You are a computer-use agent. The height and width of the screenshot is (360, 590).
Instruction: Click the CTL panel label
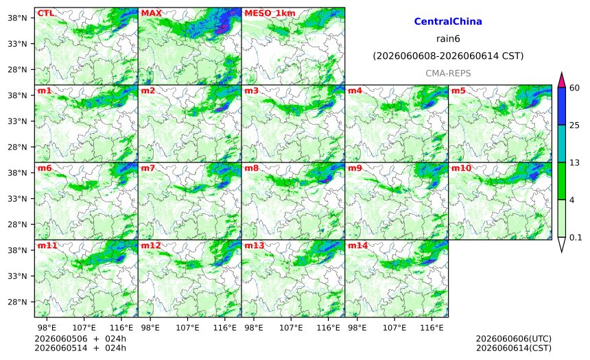pyautogui.click(x=45, y=13)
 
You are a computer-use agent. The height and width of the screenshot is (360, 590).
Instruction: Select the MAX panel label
pyautogui.click(x=151, y=13)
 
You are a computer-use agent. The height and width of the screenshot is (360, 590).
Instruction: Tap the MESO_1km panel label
pyautogui.click(x=270, y=13)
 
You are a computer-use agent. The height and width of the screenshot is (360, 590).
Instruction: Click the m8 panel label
pyautogui.click(x=252, y=168)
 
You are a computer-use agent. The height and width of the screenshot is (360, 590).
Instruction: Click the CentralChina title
pyautogui.click(x=448, y=21)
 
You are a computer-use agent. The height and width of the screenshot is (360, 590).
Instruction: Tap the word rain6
pyautogui.click(x=448, y=39)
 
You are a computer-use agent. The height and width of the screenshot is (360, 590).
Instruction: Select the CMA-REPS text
pyautogui.click(x=448, y=73)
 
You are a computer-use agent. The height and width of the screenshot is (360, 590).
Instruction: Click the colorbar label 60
pyautogui.click(x=574, y=88)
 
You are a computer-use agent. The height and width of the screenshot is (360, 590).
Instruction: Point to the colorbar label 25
pyautogui.click(x=574, y=125)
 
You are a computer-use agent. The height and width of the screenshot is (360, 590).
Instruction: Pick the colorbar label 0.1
pyautogui.click(x=576, y=237)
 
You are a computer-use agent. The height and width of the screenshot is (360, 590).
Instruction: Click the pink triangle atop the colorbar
pyautogui.click(x=562, y=80)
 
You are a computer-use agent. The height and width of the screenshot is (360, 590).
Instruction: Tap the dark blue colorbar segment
pyautogui.click(x=562, y=106)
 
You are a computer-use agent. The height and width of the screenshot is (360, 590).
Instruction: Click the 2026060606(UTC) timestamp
pyautogui.click(x=514, y=339)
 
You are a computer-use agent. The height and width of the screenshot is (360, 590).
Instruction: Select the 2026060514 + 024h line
pyautogui.click(x=80, y=348)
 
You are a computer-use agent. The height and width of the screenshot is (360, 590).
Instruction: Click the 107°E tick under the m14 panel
pyautogui.click(x=394, y=328)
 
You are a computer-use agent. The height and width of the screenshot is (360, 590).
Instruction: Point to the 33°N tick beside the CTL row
pyautogui.click(x=17, y=44)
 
